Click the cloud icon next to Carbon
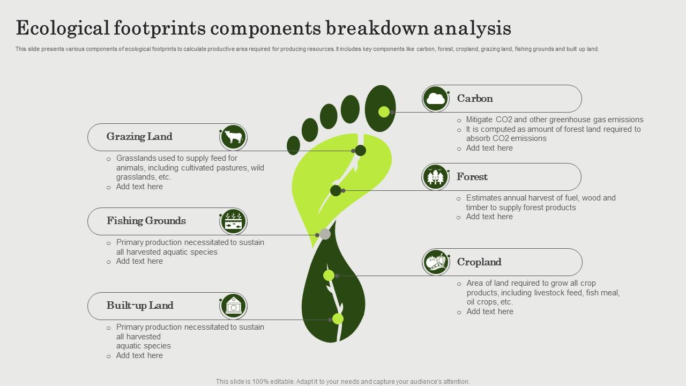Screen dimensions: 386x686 [436, 99]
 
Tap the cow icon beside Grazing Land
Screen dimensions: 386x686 [233, 137]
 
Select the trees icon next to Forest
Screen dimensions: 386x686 [435, 177]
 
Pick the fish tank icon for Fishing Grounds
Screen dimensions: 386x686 [233, 221]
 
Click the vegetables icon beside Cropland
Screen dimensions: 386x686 [436, 262]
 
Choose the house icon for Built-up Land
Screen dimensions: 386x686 [233, 306]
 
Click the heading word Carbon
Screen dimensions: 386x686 [475, 99]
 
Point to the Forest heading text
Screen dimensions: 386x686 [472, 177]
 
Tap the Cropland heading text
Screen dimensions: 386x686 [479, 262]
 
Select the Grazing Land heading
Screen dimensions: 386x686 [139, 137]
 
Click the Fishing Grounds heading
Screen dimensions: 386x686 [146, 221]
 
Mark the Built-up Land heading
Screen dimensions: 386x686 [140, 306]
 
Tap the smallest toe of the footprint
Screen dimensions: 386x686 [293, 145]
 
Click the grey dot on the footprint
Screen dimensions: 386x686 [325, 234]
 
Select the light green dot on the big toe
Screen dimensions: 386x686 [384, 112]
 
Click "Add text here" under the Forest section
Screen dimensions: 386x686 [489, 217]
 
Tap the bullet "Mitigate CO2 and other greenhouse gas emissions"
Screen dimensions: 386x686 [555, 120]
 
